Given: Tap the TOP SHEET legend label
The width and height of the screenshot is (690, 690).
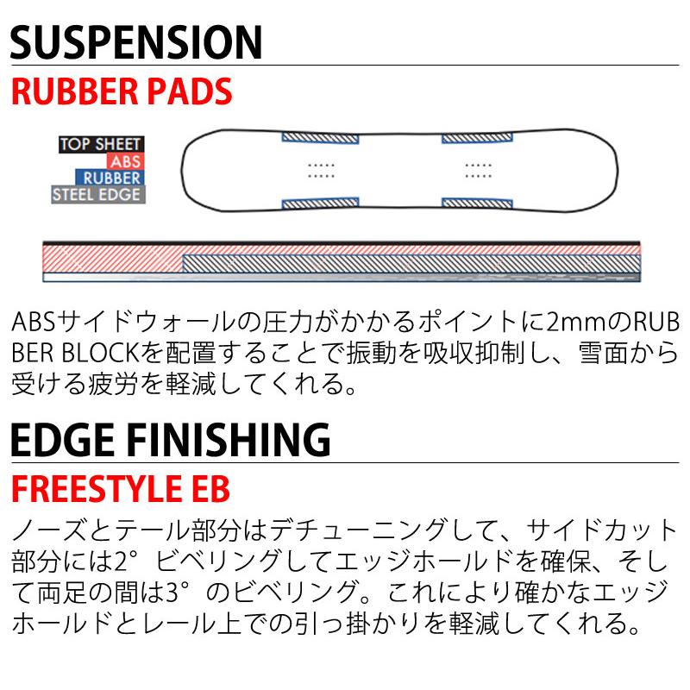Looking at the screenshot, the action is (101, 145).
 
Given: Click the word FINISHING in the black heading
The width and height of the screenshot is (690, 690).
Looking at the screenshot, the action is (230, 441).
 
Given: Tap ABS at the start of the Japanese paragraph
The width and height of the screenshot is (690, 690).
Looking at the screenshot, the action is (33, 321).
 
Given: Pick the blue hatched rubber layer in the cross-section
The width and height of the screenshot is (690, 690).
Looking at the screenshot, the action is (410, 263).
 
